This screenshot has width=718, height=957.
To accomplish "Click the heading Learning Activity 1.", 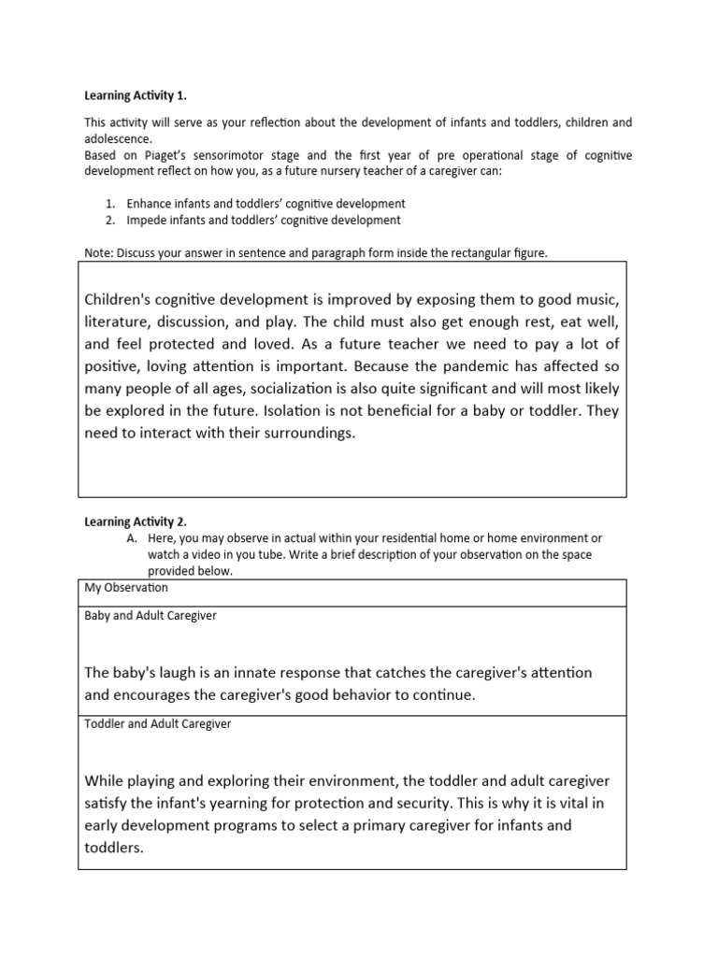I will pyautogui.click(x=135, y=95).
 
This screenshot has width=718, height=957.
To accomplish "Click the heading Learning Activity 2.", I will pyautogui.click(x=135, y=521).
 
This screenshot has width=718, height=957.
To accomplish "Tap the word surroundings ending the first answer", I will pyautogui.click(x=309, y=433).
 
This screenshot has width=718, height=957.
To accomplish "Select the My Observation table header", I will pyautogui.click(x=126, y=589).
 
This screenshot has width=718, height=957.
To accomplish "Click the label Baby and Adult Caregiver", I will pyautogui.click(x=151, y=617).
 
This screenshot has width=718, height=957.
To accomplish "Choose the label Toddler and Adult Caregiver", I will pyautogui.click(x=158, y=724).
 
